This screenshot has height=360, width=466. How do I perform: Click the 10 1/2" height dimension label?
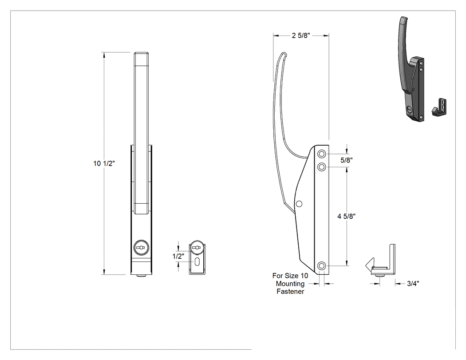pos(104,163)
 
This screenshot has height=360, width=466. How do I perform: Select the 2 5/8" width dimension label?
pos(301,36)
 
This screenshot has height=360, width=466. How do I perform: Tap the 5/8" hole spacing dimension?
pos(347,160)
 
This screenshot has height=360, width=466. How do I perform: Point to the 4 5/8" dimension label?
pos(347,217)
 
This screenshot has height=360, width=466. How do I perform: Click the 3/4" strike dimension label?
pos(413,284)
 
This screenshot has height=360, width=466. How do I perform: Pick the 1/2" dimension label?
pos(178,256)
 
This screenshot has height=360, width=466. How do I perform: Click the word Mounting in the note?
pos(290,284)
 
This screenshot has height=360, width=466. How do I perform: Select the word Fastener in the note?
pos(290,292)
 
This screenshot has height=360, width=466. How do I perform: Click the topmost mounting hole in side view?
pos(322,154)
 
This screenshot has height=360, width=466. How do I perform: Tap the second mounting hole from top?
pos(322,167)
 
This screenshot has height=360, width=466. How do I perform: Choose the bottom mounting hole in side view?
pos(322,265)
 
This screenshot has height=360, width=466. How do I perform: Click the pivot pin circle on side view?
pos(299,204)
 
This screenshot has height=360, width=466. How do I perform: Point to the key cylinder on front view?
pos(140,247)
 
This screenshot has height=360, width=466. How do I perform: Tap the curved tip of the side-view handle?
pos(283,54)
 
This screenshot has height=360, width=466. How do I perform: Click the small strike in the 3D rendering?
pos(439,107)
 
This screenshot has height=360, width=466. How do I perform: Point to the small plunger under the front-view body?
pos(142,276)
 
